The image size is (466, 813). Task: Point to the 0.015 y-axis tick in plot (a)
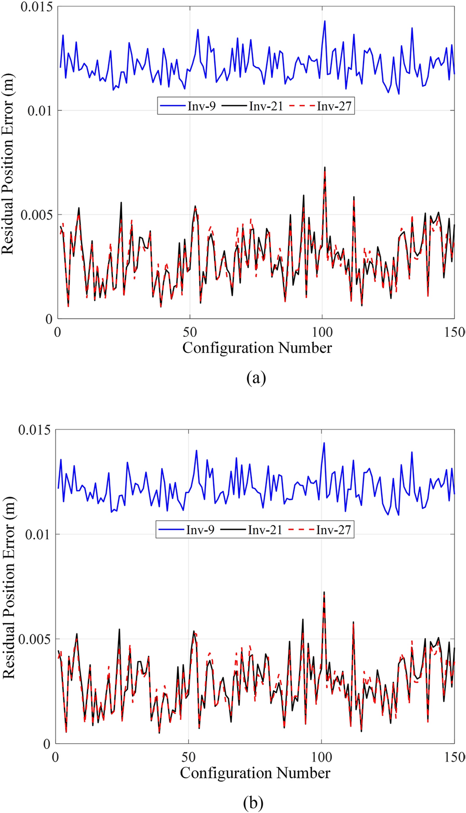click(x=37, y=7)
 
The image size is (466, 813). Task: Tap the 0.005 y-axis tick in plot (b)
click(x=37, y=639)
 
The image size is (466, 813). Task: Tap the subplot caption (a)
click(x=255, y=378)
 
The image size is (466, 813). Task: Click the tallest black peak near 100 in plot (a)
click(x=325, y=168)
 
